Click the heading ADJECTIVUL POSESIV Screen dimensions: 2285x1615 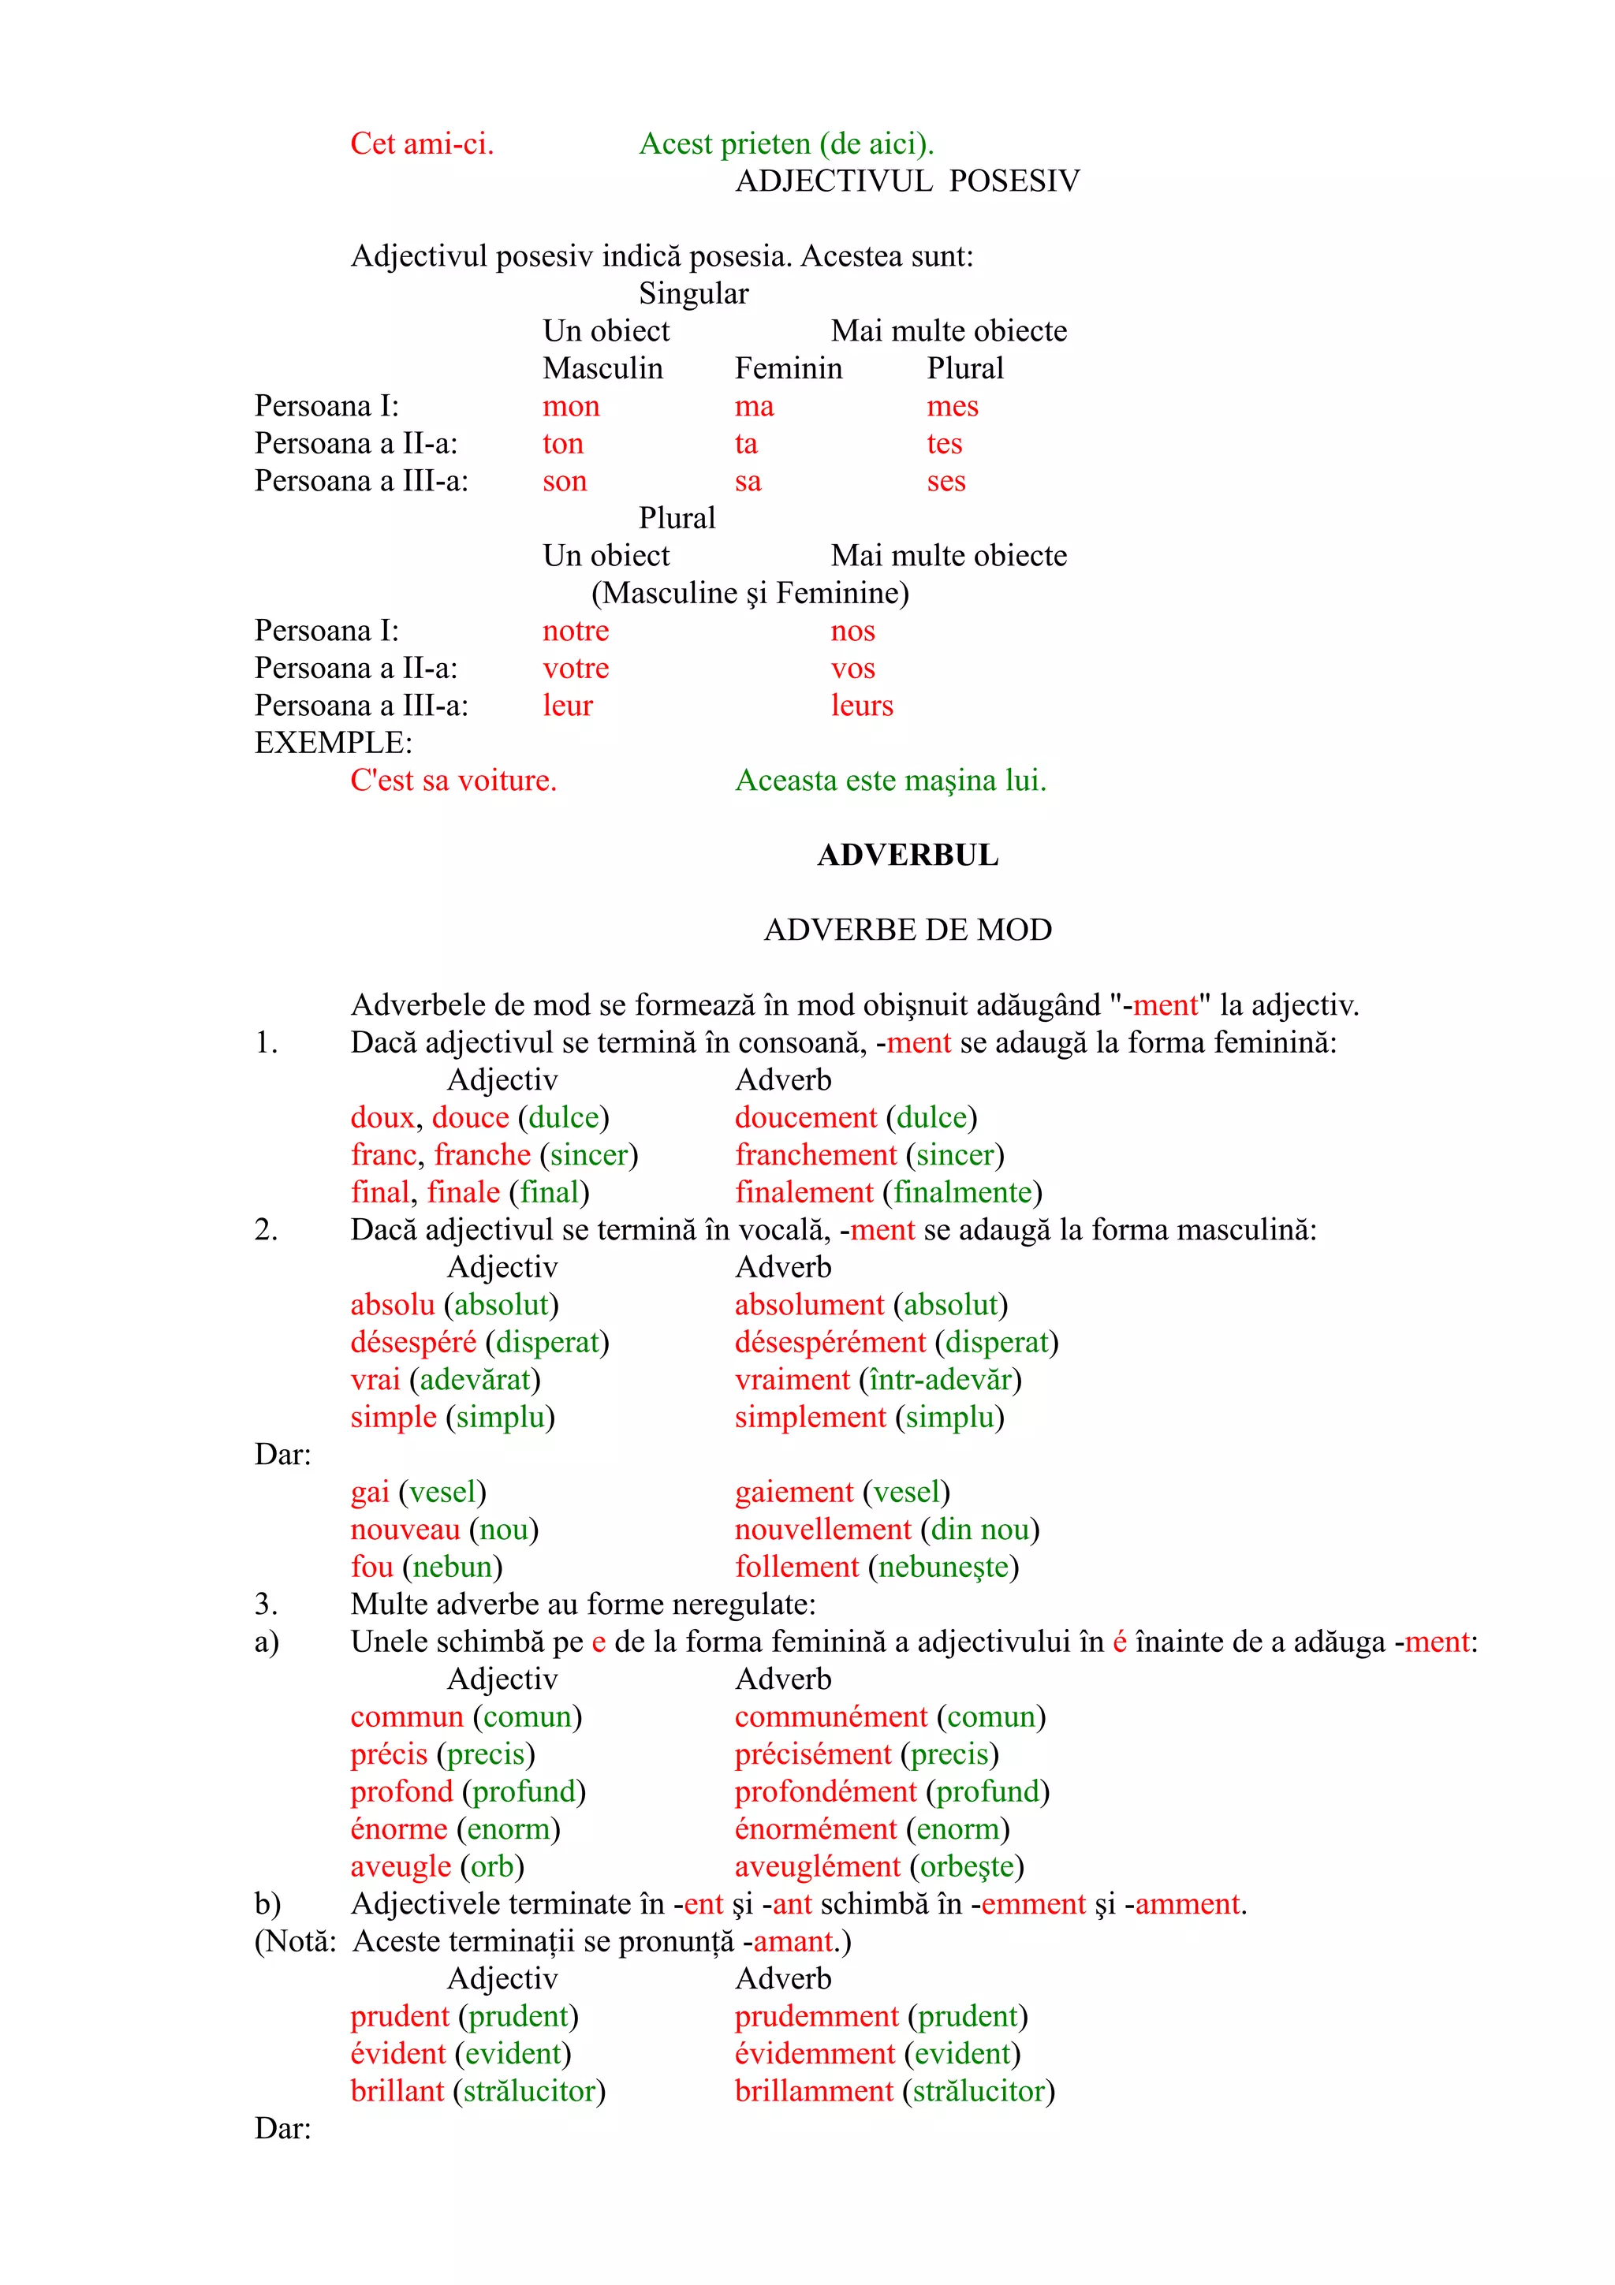907,181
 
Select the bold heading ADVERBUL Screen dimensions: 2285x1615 907,855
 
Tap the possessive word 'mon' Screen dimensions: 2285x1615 570,406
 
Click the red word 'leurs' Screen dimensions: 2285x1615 862,706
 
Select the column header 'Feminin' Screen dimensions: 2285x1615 788,368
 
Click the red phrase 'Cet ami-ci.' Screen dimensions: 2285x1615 422,144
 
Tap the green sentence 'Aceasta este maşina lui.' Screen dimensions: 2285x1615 890,781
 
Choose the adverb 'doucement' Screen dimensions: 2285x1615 805,1117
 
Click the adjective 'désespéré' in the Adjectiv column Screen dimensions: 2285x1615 413,1343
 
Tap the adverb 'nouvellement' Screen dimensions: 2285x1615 822,1530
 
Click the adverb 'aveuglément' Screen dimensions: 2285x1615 817,1867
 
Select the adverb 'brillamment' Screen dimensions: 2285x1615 813,2091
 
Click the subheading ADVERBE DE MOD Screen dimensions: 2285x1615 907,930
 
